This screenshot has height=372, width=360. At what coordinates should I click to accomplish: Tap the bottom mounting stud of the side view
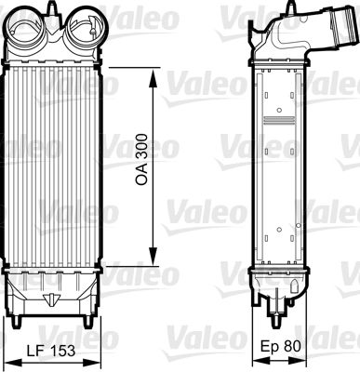click(x=280, y=324)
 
